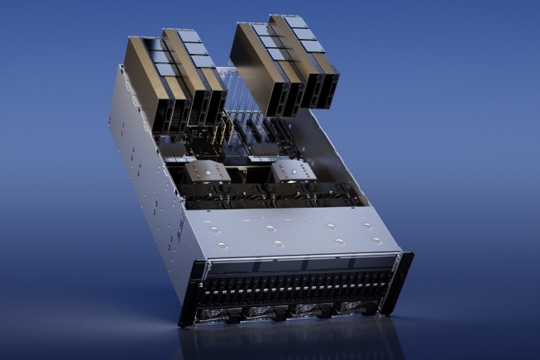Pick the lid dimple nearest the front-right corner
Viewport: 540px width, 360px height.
pos(377,241)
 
